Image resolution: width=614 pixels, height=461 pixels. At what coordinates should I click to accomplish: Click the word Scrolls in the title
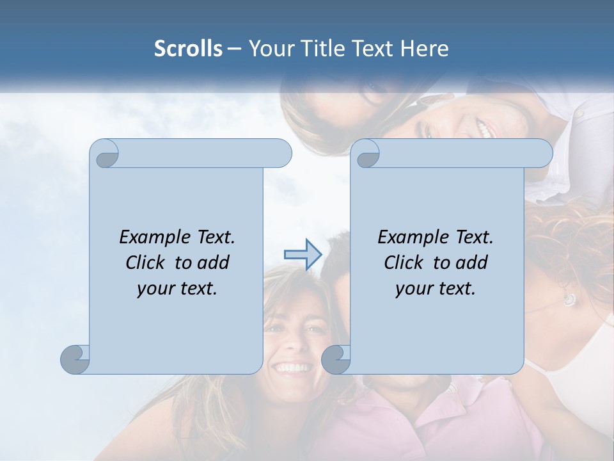click(189, 49)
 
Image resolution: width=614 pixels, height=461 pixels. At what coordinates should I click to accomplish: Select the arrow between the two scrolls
click(303, 255)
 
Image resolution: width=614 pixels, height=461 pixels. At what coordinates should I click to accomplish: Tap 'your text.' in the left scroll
click(177, 289)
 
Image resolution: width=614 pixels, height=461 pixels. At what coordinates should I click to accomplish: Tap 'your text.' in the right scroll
click(436, 289)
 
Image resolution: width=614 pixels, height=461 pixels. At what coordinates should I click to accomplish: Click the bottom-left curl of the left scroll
click(75, 359)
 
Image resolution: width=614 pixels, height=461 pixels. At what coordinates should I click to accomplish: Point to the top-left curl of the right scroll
click(367, 154)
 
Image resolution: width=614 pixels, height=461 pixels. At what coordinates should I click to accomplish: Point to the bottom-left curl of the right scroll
click(336, 359)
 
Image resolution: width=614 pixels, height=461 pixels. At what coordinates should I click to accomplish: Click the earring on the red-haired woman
click(568, 298)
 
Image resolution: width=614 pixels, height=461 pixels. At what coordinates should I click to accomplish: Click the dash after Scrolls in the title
click(234, 49)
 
